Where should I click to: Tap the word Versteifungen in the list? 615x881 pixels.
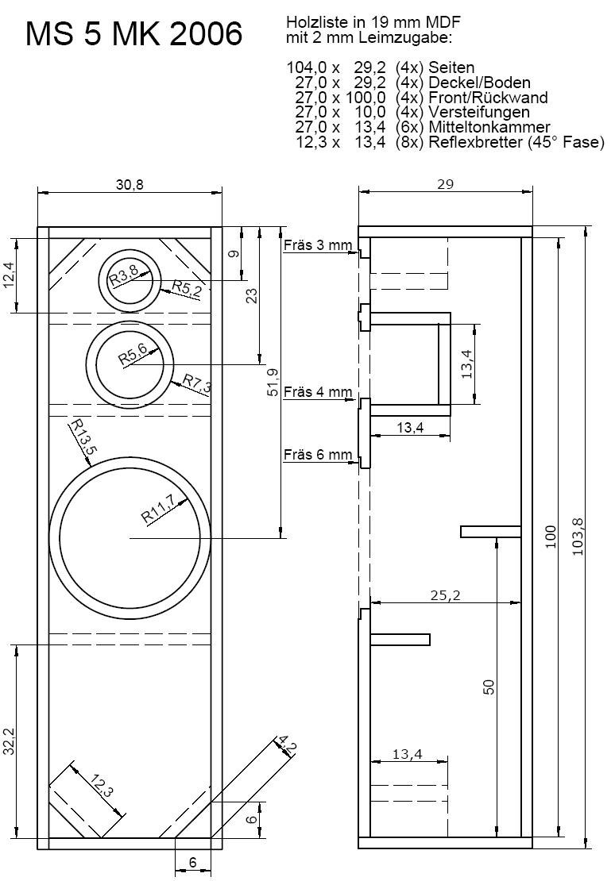(478, 112)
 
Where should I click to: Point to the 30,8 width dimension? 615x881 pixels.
(130, 184)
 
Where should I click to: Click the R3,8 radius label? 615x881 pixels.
(124, 276)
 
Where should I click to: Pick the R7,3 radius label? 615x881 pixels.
(197, 385)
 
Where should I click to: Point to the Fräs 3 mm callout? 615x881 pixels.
(317, 245)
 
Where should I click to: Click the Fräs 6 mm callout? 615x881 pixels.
(317, 455)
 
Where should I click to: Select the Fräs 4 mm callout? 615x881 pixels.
(317, 391)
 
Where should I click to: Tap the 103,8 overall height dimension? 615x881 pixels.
(578, 537)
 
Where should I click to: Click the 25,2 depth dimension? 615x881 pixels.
(445, 594)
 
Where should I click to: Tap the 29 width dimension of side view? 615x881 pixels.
(445, 184)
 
